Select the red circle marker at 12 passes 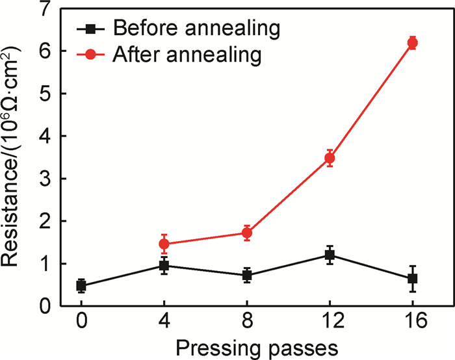[x=330, y=158]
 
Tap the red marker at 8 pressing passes [x=247, y=233]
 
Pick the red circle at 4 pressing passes [x=164, y=244]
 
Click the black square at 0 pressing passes [x=81, y=286]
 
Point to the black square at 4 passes [x=164, y=265]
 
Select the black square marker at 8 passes [x=247, y=276]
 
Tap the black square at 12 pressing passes [x=330, y=255]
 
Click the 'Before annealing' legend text [x=196, y=28]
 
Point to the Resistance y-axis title [x=14, y=157]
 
